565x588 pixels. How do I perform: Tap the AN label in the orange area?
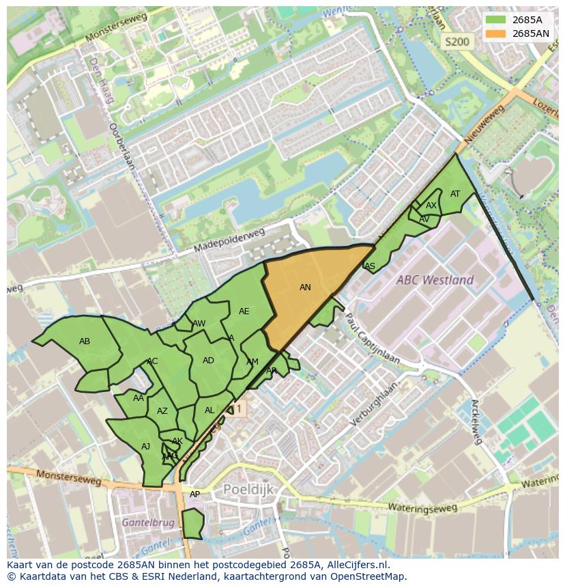(x=305, y=288)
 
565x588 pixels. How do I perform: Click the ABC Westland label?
(x=436, y=280)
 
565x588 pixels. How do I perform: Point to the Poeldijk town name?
(x=248, y=489)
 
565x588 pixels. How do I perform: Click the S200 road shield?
(x=457, y=42)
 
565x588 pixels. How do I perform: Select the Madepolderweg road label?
(x=228, y=240)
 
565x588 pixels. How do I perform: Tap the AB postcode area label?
(x=85, y=341)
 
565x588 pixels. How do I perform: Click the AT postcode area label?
(x=455, y=194)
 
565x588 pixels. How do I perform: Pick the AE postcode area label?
(x=244, y=311)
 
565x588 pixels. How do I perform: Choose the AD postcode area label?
(x=208, y=361)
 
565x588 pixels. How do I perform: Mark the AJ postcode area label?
(x=145, y=447)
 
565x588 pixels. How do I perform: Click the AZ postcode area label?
(x=162, y=411)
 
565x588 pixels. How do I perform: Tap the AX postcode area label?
(x=431, y=206)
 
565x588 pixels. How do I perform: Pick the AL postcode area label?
(x=209, y=410)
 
